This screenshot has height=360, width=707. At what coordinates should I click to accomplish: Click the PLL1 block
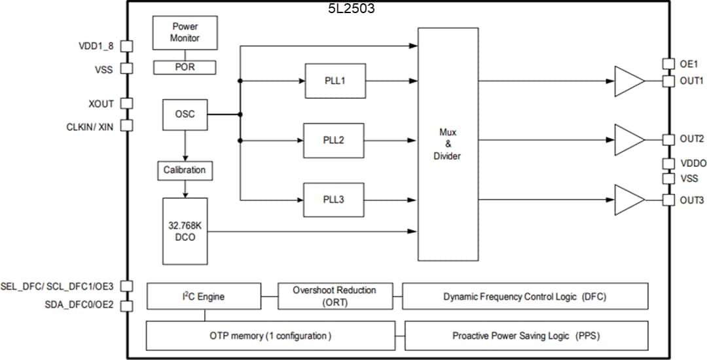click(335, 81)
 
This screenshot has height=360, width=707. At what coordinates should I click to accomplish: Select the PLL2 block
click(334, 140)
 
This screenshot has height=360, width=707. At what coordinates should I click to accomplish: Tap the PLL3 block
click(334, 200)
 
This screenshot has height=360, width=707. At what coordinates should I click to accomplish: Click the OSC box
click(185, 115)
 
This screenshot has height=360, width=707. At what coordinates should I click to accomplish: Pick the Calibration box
click(185, 170)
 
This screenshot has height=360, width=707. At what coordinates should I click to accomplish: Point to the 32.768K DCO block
click(185, 230)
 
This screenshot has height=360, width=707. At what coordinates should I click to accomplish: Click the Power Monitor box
click(185, 33)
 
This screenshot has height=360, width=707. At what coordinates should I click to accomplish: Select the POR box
click(185, 67)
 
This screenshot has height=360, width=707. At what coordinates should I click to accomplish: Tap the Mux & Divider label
click(448, 144)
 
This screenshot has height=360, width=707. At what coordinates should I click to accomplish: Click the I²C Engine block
click(204, 297)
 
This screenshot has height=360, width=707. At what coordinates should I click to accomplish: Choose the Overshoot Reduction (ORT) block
click(334, 297)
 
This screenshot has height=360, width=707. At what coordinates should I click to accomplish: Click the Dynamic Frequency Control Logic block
click(525, 297)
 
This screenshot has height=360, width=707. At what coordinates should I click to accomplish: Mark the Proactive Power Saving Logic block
click(526, 336)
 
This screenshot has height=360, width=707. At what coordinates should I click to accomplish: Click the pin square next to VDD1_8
click(127, 46)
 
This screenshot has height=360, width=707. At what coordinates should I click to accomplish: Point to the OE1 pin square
click(668, 64)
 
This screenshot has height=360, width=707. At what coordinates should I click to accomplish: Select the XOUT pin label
click(101, 104)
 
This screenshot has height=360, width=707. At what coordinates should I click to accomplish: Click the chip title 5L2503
click(352, 9)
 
